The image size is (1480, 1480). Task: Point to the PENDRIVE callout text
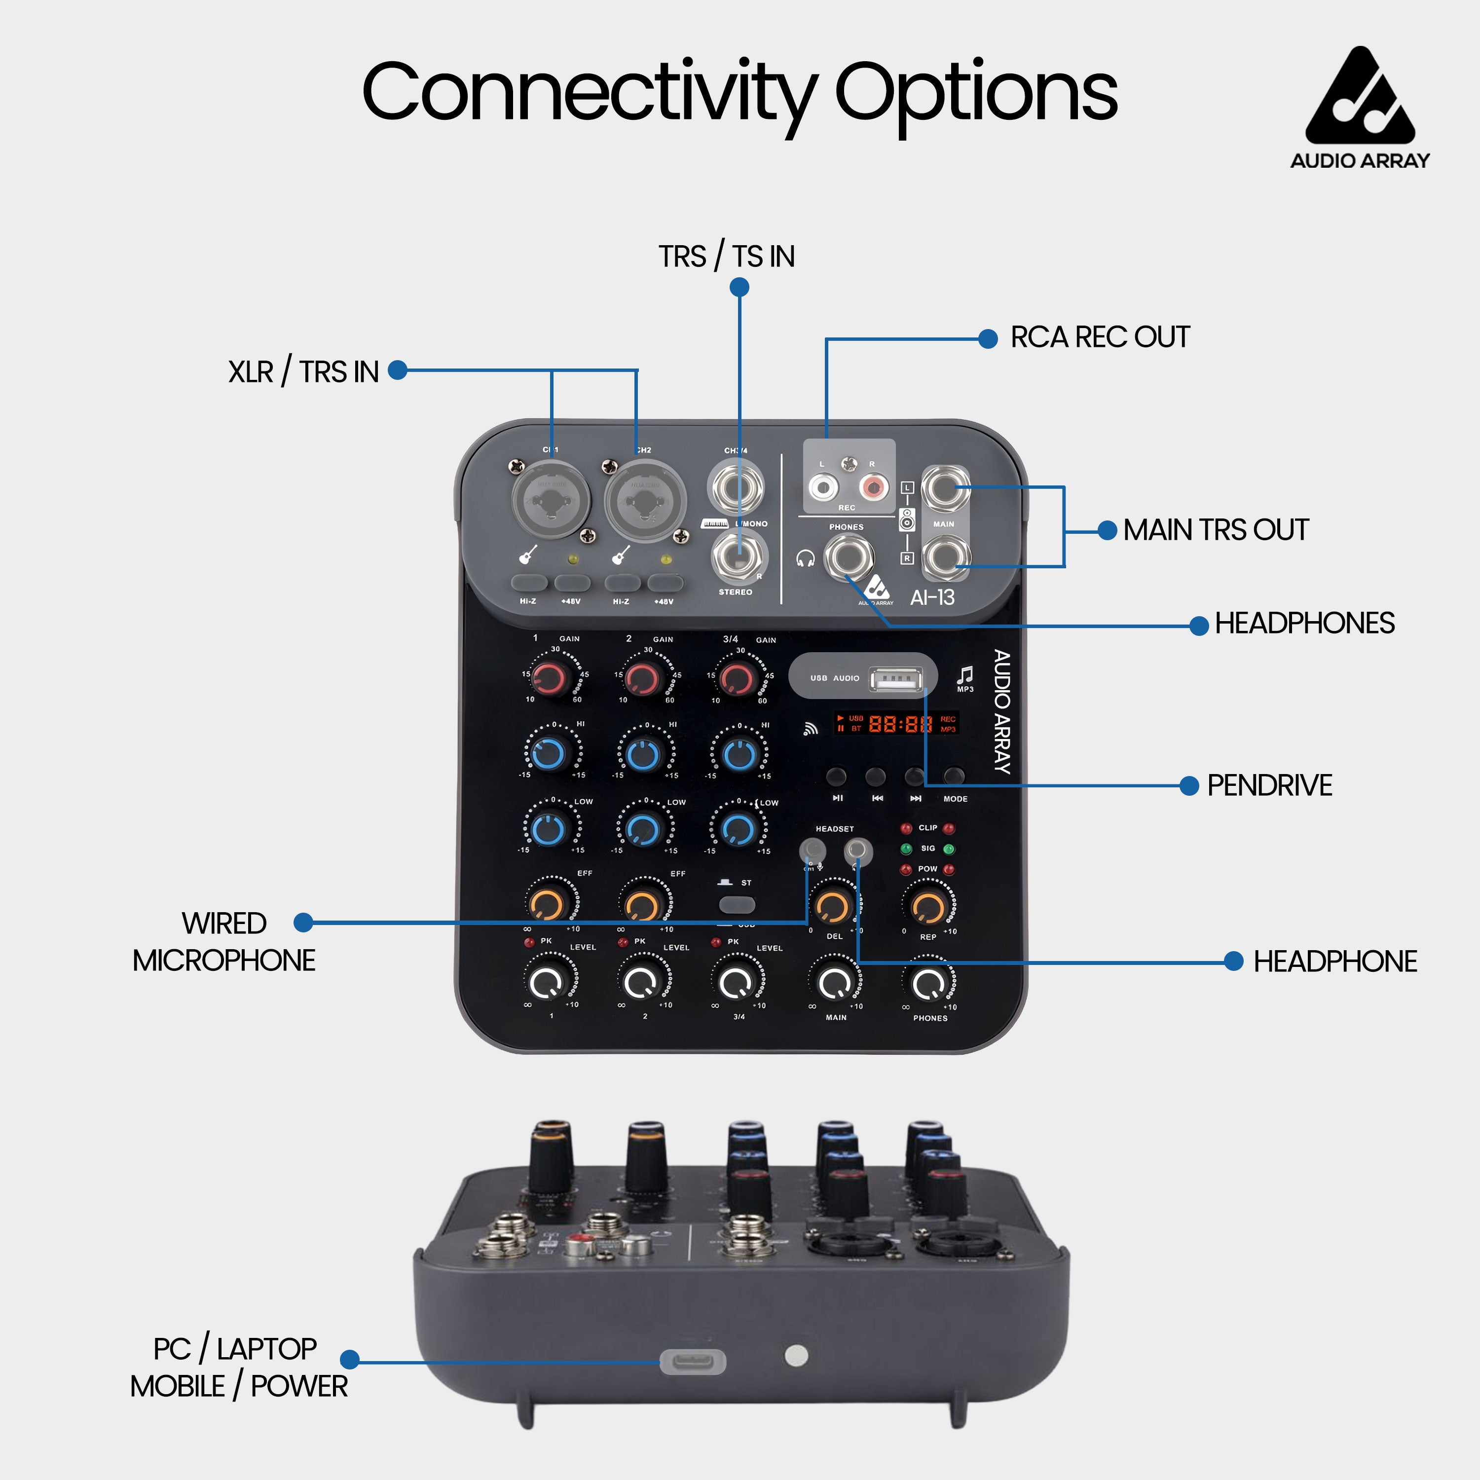tap(1269, 785)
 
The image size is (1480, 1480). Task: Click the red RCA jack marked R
tap(873, 485)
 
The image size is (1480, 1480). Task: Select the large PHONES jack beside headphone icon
tap(848, 557)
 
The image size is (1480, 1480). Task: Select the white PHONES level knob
tap(928, 982)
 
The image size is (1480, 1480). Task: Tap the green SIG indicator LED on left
tap(906, 849)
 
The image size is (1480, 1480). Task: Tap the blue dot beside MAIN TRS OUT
tap(1107, 530)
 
